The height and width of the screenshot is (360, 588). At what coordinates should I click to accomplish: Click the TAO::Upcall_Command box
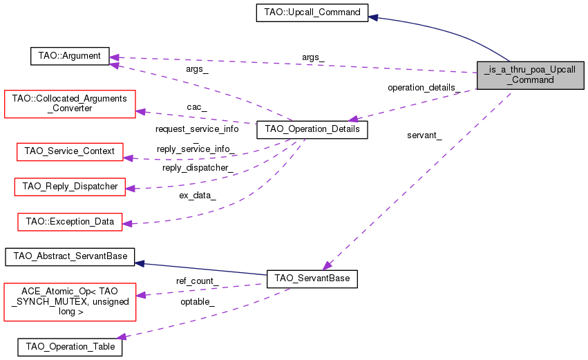point(312,12)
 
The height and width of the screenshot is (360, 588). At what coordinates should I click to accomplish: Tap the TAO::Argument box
point(70,56)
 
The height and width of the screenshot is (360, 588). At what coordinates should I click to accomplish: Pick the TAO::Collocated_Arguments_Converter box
point(70,103)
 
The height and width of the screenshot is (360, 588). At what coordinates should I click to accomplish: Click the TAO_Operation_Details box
point(307,129)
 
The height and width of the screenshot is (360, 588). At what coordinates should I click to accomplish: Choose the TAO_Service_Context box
point(69,151)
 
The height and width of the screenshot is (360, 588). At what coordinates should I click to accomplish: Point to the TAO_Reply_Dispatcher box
point(70,186)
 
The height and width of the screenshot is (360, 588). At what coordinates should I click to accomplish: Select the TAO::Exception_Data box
point(70,221)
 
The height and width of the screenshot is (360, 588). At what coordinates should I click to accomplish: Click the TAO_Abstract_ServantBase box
point(70,256)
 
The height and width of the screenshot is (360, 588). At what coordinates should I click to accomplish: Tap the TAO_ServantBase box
point(312,278)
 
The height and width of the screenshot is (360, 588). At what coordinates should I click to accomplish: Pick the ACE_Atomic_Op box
point(70,301)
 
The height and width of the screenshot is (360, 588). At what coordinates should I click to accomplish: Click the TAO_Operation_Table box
point(70,345)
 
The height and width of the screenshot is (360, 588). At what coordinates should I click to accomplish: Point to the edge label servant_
point(424,135)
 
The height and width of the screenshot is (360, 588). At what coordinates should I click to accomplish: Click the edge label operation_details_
point(422,88)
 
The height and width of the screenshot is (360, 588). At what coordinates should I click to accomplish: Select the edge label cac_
point(197,107)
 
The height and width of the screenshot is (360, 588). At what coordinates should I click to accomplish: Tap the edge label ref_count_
point(198,281)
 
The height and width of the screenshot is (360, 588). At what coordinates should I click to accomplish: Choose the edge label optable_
point(197,302)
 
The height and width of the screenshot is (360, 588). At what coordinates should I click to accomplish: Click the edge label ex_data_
point(198,196)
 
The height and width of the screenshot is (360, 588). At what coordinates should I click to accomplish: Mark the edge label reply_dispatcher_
point(197,168)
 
